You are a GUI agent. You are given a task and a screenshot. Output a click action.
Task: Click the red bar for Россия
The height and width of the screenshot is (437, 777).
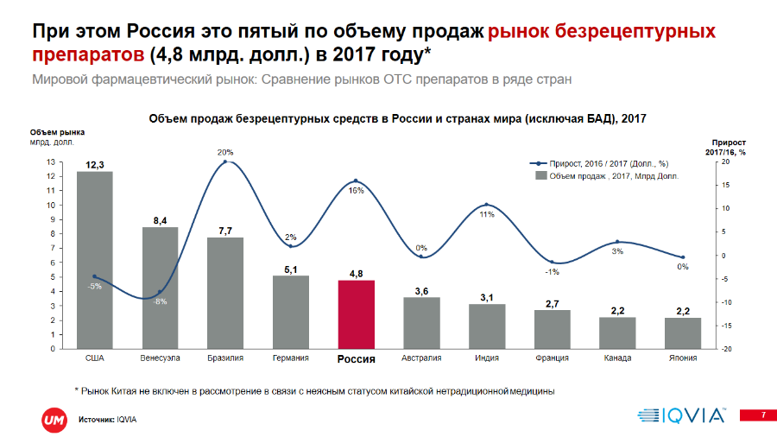(356, 314)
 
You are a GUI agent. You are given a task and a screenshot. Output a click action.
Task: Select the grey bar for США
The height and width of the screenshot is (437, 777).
(94, 259)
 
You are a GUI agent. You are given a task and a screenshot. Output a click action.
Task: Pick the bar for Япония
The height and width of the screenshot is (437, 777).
(683, 332)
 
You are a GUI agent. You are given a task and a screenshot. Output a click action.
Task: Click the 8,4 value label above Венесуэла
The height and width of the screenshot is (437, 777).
(160, 220)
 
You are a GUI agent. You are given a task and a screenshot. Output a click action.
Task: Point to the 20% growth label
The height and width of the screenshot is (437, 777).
(225, 153)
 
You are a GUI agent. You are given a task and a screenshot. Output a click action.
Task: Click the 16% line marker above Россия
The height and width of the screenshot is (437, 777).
(356, 181)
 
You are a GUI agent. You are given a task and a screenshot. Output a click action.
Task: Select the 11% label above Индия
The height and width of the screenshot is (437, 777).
(487, 213)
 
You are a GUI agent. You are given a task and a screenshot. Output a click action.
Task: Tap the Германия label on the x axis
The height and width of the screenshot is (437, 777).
(290, 358)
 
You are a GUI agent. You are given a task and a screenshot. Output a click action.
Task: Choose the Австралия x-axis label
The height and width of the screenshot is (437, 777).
(421, 358)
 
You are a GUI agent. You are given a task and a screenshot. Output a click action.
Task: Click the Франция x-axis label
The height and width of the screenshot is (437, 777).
(552, 358)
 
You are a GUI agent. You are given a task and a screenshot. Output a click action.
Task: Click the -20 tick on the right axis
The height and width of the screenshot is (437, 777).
(728, 349)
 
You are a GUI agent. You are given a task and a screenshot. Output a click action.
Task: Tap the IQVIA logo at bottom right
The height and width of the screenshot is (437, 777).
(681, 415)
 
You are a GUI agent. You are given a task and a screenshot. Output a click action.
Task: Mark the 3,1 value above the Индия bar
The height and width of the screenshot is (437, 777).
(487, 297)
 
